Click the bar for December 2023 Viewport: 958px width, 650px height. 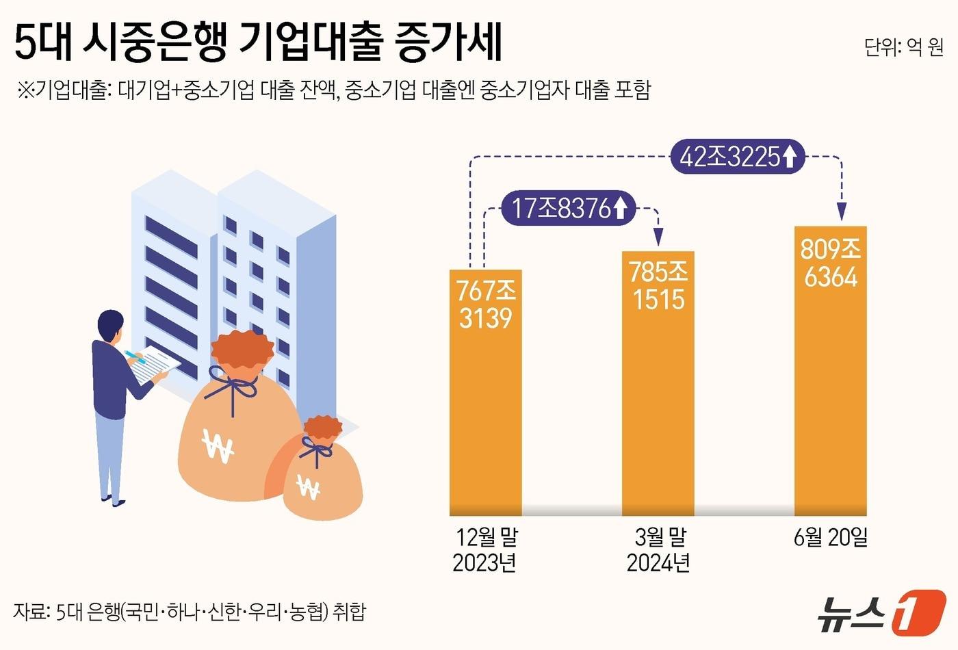pyautogui.click(x=485, y=411)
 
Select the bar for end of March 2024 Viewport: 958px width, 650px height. pyautogui.click(x=658, y=411)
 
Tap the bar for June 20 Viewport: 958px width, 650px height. pyautogui.click(x=830, y=397)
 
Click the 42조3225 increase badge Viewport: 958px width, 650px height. pyautogui.click(x=738, y=157)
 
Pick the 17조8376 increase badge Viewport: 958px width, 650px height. pyautogui.click(x=569, y=208)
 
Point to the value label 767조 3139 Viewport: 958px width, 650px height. pyautogui.click(x=486, y=304)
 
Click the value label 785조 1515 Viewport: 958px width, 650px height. pyautogui.click(x=658, y=286)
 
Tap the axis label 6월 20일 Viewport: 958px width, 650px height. pyautogui.click(x=831, y=538)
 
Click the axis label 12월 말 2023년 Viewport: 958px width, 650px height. pyautogui.click(x=486, y=550)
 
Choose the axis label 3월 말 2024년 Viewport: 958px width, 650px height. pyautogui.click(x=658, y=550)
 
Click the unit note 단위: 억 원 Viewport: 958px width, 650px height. pyautogui.click(x=903, y=47)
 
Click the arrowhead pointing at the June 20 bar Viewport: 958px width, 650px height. pyautogui.click(x=842, y=212)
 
